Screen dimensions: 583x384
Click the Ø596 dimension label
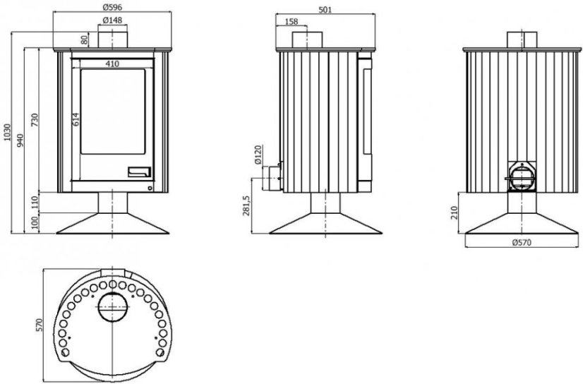(112, 7)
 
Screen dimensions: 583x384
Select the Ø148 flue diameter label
(112, 20)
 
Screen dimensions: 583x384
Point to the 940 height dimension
(20, 140)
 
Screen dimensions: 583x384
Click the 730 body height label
(35, 120)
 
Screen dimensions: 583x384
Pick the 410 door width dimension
(112, 64)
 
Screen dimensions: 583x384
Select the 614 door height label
(76, 119)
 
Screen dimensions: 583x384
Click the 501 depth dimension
(325, 10)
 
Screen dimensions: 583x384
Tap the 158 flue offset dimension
(291, 22)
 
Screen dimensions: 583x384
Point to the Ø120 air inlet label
(258, 155)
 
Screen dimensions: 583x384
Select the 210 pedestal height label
(455, 213)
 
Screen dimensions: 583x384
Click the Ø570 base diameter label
(522, 243)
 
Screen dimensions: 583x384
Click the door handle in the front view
(140, 172)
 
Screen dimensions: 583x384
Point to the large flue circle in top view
(113, 307)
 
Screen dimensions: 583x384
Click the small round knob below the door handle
(150, 188)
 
